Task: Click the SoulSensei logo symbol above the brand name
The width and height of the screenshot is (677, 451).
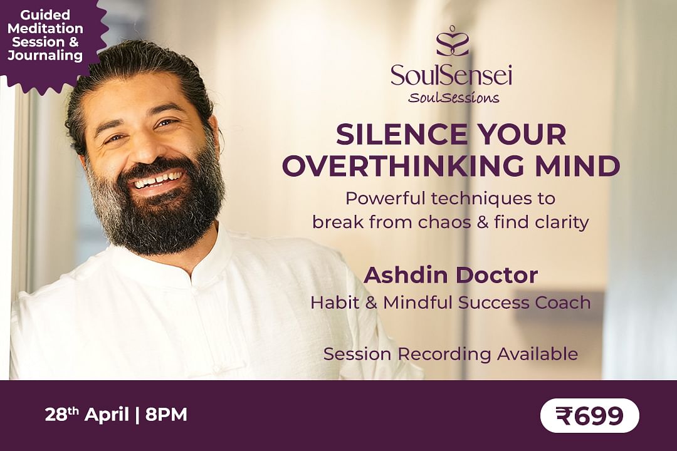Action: click(451, 41)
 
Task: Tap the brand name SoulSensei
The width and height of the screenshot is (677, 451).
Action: click(451, 75)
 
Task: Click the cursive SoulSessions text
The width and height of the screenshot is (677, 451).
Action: click(454, 98)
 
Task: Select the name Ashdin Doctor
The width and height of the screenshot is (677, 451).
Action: click(451, 275)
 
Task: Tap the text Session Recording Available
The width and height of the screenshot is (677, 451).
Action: click(450, 355)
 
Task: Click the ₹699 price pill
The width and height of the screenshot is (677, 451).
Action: click(590, 416)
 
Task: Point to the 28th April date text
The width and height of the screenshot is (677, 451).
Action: click(87, 415)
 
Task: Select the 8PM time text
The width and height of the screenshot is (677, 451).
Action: click(166, 415)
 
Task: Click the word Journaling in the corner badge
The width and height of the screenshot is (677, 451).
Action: click(45, 55)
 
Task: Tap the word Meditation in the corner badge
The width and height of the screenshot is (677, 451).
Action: click(45, 28)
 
